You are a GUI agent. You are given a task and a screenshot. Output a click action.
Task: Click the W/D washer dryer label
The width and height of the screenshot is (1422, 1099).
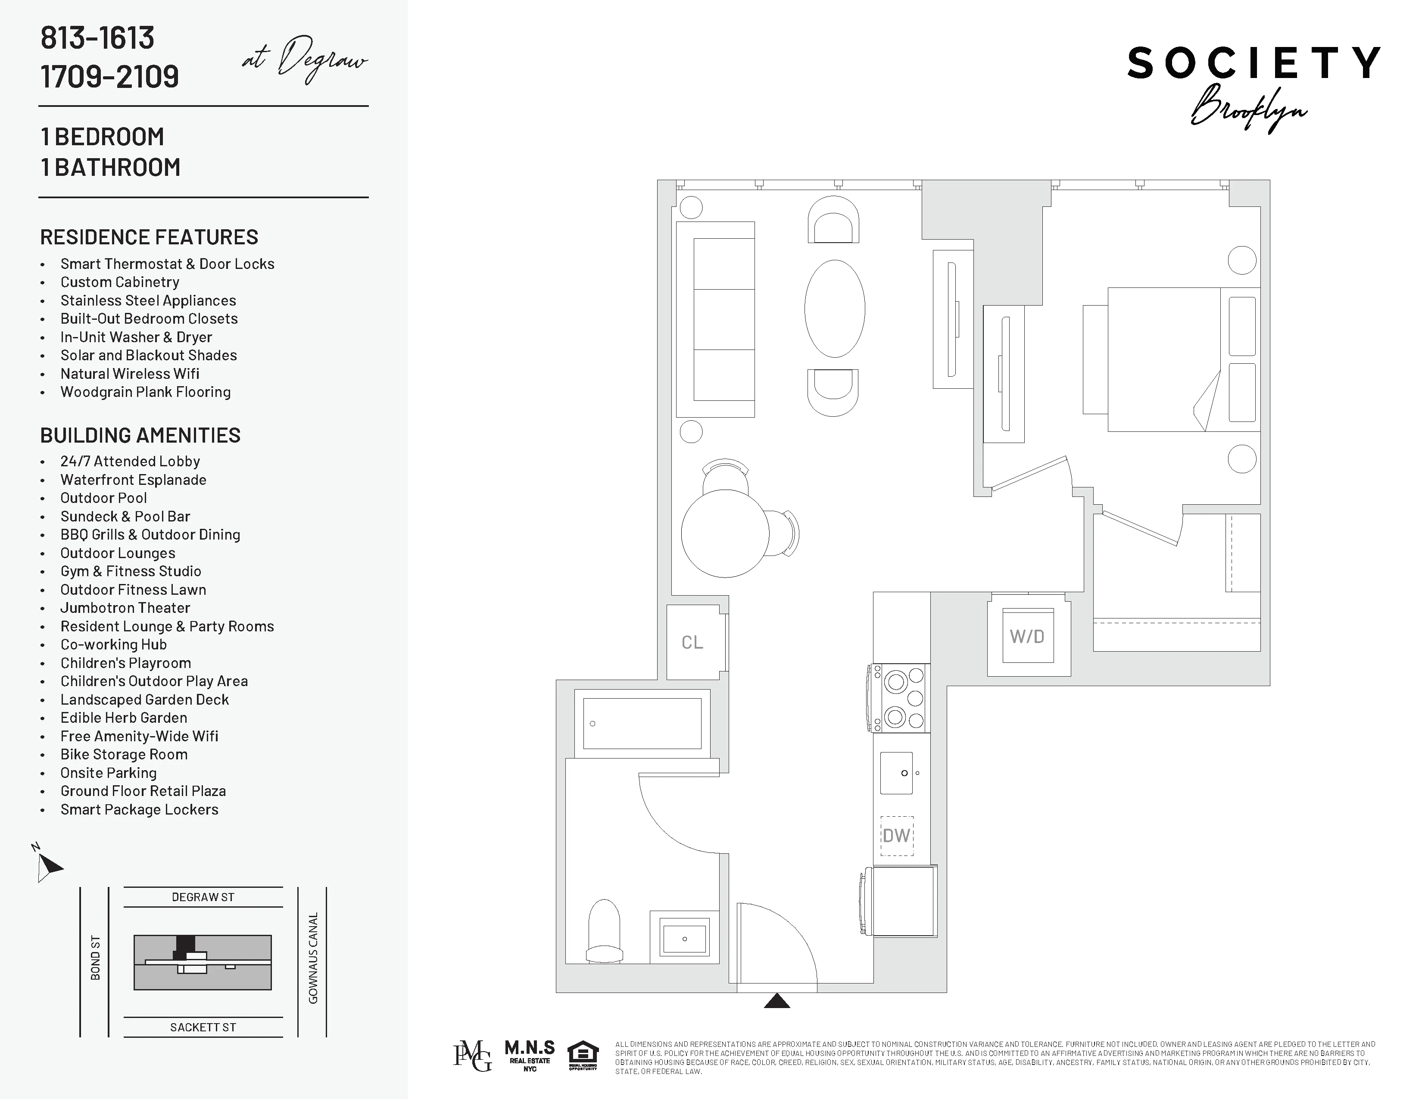[x=1027, y=636]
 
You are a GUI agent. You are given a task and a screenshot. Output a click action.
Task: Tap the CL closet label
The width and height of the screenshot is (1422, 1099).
[x=692, y=643]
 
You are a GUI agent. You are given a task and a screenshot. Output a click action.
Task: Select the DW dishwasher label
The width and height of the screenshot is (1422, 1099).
[x=897, y=836]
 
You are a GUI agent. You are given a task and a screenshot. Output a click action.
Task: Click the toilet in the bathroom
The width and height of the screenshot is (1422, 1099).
[x=604, y=932]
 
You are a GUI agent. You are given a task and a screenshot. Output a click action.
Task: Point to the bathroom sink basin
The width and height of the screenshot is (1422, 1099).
[x=684, y=939]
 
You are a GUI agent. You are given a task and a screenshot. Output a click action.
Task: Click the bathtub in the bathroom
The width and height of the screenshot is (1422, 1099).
[x=642, y=723]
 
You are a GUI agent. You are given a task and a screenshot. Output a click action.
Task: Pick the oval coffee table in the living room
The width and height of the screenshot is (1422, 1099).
[x=835, y=309]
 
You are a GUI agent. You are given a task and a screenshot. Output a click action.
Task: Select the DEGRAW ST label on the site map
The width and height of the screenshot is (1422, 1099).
[x=203, y=897]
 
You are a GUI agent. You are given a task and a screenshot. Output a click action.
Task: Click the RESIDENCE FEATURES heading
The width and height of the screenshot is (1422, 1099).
[x=149, y=237]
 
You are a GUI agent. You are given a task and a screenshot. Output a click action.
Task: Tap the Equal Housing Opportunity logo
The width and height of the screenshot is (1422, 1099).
[x=582, y=1056]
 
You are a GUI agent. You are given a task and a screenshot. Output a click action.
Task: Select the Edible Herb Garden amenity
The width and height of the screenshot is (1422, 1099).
[x=124, y=718]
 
